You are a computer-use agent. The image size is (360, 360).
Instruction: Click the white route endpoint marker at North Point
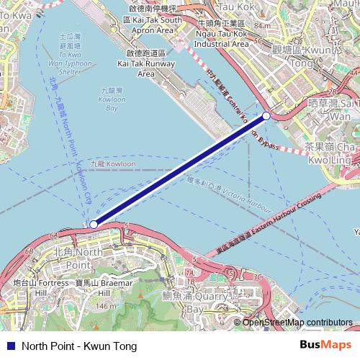94,225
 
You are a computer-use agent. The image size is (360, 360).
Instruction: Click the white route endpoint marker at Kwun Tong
266,115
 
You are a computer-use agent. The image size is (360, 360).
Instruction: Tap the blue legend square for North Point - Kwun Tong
8,345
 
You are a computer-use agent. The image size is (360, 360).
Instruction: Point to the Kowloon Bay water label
109,99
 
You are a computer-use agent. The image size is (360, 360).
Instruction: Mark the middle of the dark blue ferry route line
180,170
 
